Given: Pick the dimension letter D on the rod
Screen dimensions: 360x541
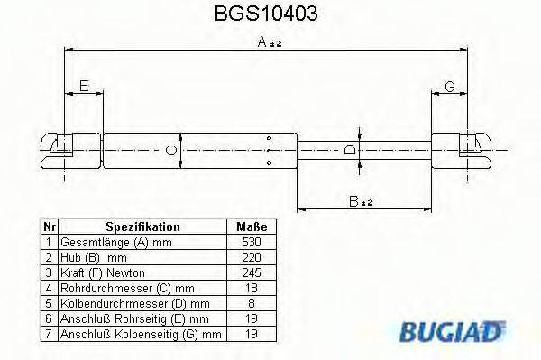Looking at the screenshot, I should (352, 151).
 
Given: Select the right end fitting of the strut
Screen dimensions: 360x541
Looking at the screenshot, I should (462, 148).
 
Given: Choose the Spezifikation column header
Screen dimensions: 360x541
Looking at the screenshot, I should (142, 227).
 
